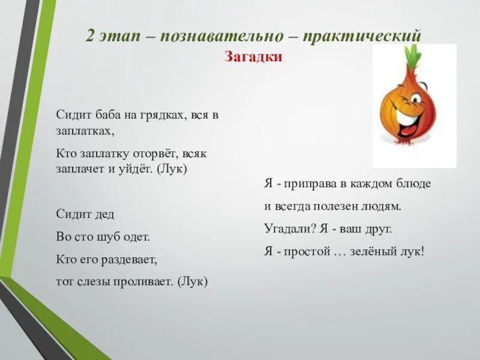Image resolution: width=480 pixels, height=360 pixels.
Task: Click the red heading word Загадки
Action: pyautogui.click(x=253, y=58)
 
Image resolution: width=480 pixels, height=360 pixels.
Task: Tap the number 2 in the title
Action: pyautogui.click(x=90, y=36)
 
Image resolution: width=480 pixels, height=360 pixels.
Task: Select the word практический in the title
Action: pyautogui.click(x=362, y=36)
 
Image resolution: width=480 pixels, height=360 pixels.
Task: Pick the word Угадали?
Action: pyautogui.click(x=290, y=229)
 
